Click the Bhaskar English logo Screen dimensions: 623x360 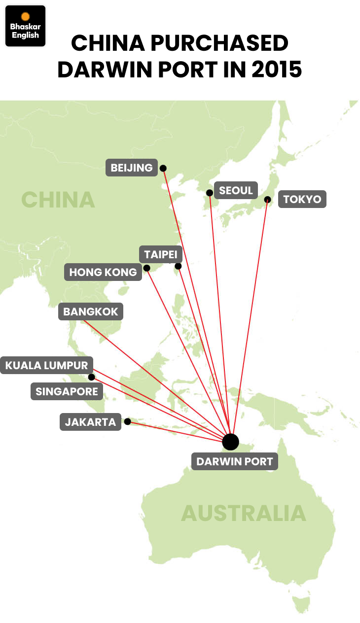pyautogui.click(x=25, y=26)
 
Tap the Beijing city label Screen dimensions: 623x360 pyautogui.click(x=132, y=168)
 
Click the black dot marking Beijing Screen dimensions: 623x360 pyautogui.click(x=163, y=168)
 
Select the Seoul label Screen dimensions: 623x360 pyautogui.click(x=236, y=190)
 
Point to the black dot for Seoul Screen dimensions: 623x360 pyautogui.click(x=210, y=193)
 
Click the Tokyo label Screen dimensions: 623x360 pyautogui.click(x=302, y=199)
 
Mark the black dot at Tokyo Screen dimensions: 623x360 pyautogui.click(x=267, y=200)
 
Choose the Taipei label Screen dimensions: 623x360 pyautogui.click(x=161, y=255)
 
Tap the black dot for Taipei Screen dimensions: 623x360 pyautogui.click(x=178, y=266)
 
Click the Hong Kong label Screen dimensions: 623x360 pyautogui.click(x=103, y=272)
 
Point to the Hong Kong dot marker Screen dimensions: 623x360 pyautogui.click(x=146, y=268)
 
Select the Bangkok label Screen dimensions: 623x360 pyautogui.click(x=91, y=312)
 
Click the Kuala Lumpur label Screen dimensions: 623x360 pyautogui.click(x=46, y=365)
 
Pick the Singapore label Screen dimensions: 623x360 pyautogui.click(x=67, y=392)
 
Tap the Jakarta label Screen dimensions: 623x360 pyautogui.click(x=90, y=422)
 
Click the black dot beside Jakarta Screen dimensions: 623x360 pyautogui.click(x=127, y=421)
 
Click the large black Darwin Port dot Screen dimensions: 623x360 pyautogui.click(x=230, y=442)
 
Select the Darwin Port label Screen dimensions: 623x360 pyautogui.click(x=234, y=462)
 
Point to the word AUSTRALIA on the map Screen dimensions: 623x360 pyautogui.click(x=244, y=513)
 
